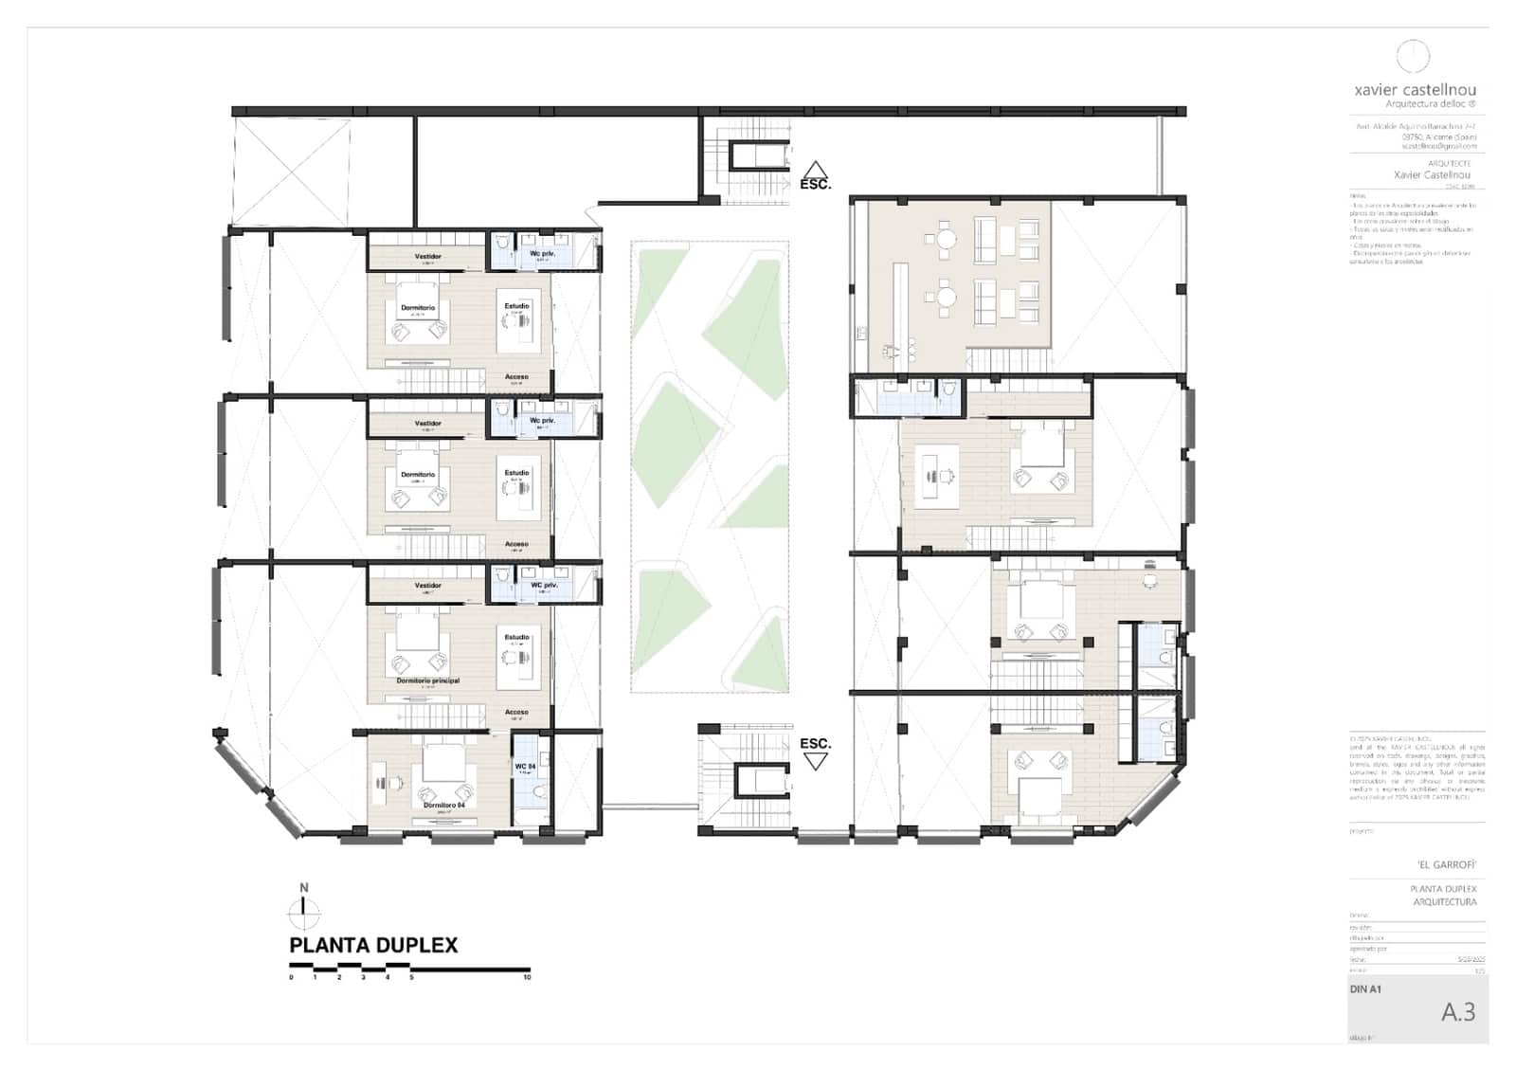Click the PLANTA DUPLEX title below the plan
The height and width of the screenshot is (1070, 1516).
tap(372, 945)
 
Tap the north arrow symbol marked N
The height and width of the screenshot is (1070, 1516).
tap(304, 911)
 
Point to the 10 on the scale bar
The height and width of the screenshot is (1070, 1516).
tap(528, 977)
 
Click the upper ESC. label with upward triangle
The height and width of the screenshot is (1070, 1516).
tap(815, 177)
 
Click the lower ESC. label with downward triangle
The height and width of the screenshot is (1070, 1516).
tap(815, 750)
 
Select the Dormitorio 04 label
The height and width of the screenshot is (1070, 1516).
tap(443, 805)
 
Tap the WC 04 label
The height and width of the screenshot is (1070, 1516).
tap(525, 766)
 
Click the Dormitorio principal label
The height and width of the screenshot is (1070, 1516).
tap(427, 680)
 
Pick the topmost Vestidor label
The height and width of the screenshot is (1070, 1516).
tap(427, 256)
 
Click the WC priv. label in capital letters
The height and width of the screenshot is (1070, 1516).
tap(544, 585)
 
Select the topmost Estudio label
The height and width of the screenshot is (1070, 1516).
tap(516, 306)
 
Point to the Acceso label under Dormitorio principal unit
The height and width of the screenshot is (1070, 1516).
tap(516, 712)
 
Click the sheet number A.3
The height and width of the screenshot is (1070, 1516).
tap(1458, 1012)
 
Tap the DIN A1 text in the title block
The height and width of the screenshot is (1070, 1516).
tap(1365, 988)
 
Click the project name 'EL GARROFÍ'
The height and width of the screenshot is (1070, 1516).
tap(1447, 864)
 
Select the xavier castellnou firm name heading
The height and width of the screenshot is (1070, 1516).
tap(1415, 90)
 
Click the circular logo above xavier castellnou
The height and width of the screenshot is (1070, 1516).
tap(1413, 56)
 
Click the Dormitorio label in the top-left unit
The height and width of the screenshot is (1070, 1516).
tap(418, 308)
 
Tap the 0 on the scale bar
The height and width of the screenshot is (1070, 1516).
tap(291, 977)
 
